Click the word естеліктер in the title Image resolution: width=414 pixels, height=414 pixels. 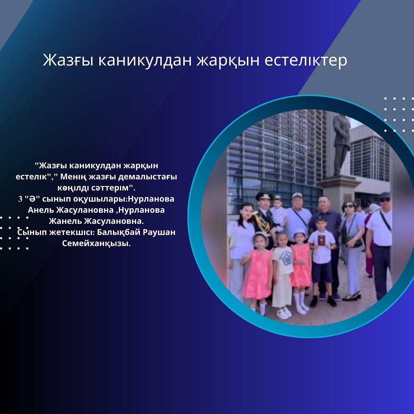[x=306, y=60]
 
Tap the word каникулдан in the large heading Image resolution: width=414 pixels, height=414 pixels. [x=145, y=61]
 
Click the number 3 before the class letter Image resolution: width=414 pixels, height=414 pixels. [x=20, y=199]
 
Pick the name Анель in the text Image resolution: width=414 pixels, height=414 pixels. [x=41, y=210]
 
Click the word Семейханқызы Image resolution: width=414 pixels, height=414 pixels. [x=96, y=243]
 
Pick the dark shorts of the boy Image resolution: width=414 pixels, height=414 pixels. [x=322, y=272]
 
